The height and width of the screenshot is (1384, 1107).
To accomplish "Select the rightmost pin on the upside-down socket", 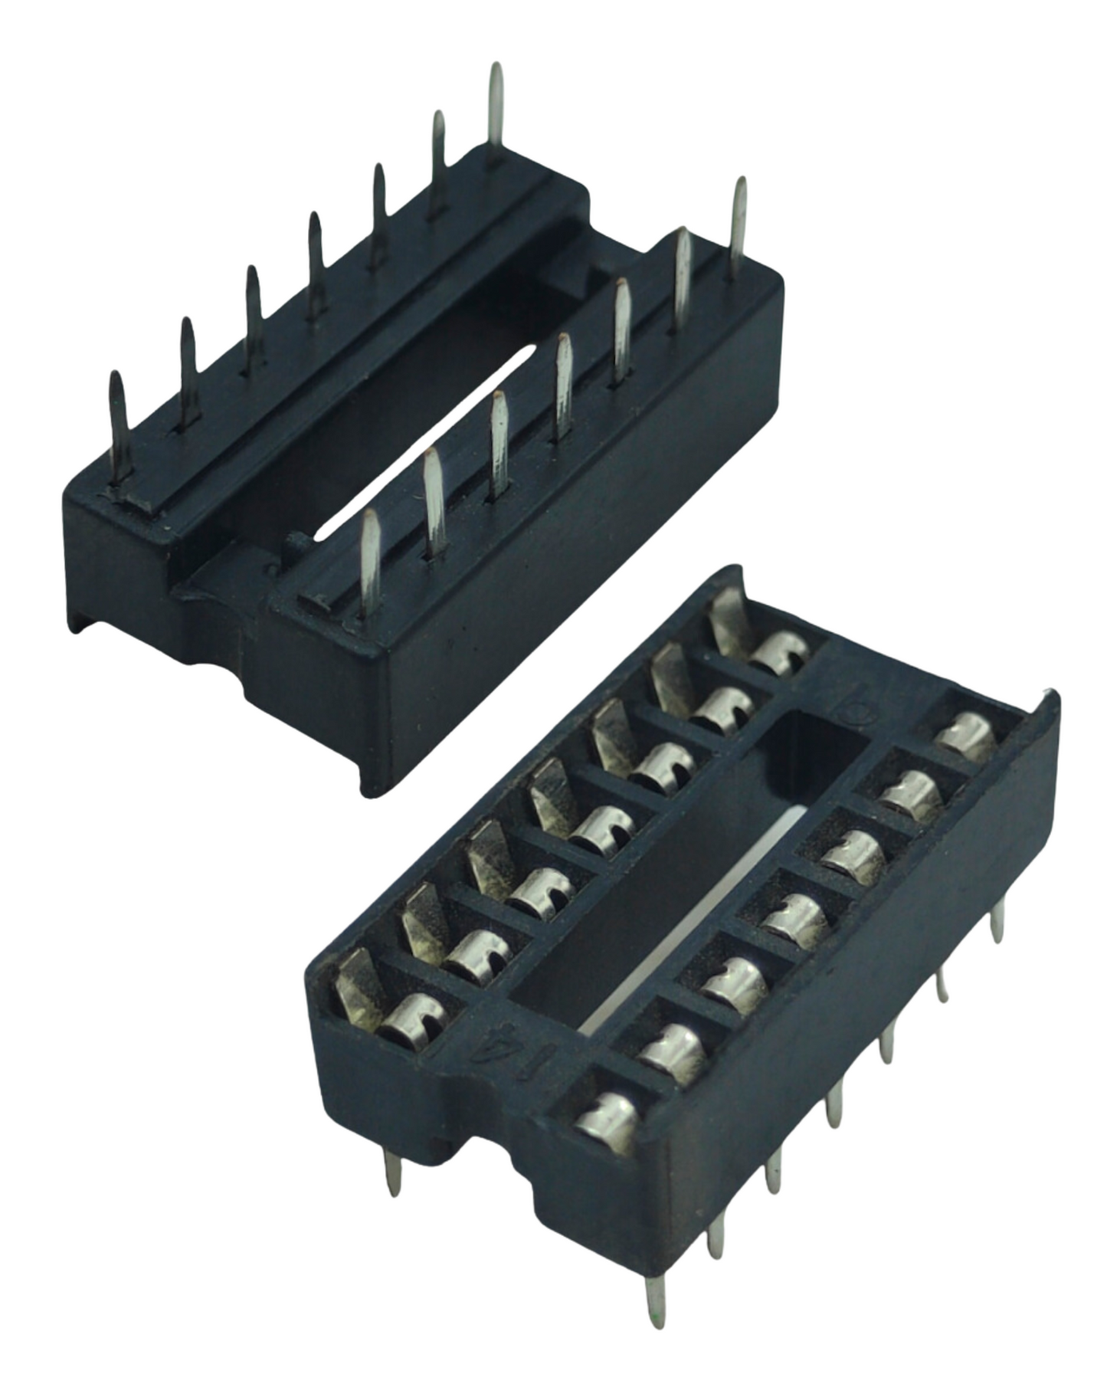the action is [739, 226].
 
